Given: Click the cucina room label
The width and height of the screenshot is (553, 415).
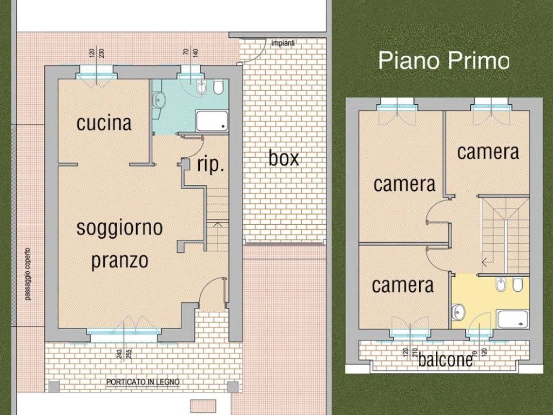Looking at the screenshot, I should [x=104, y=123].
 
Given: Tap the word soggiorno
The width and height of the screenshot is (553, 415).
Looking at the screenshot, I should [x=119, y=227].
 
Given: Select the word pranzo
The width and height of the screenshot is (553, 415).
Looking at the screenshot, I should [x=119, y=261].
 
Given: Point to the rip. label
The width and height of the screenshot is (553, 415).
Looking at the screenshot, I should [x=210, y=165].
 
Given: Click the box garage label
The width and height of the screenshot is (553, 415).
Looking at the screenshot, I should [x=284, y=158].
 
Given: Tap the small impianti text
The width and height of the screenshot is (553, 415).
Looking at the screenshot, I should [x=284, y=43].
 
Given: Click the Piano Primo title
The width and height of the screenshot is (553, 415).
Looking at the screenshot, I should [x=443, y=60].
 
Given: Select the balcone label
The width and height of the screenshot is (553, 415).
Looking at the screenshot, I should [x=446, y=360].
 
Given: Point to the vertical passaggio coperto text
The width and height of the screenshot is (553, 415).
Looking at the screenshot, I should [x=28, y=274].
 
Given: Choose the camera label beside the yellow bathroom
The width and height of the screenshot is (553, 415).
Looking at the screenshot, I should [x=403, y=285].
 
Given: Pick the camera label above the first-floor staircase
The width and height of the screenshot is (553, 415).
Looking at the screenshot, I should [x=488, y=152].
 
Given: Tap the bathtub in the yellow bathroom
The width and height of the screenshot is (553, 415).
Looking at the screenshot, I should [x=512, y=318].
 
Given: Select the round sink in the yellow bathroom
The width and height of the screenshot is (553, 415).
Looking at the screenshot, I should [x=458, y=311].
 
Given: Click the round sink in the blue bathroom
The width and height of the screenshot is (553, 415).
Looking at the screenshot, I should [x=159, y=99].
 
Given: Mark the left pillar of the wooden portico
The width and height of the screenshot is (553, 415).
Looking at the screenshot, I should [x=53, y=386].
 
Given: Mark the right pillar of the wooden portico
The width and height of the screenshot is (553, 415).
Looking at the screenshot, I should [x=233, y=386].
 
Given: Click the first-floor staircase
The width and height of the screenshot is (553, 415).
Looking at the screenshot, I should [x=505, y=235].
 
